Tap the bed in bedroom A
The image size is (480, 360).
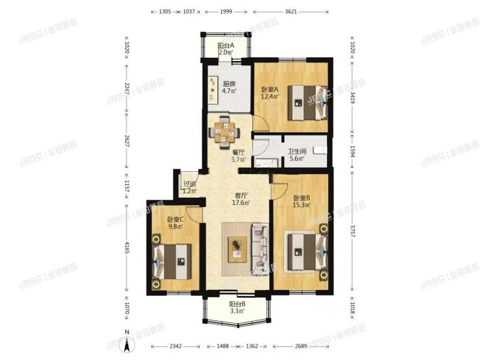304,101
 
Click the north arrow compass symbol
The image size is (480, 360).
128,340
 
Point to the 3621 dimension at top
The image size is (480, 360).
291,12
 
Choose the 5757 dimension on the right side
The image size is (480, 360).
354,233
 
